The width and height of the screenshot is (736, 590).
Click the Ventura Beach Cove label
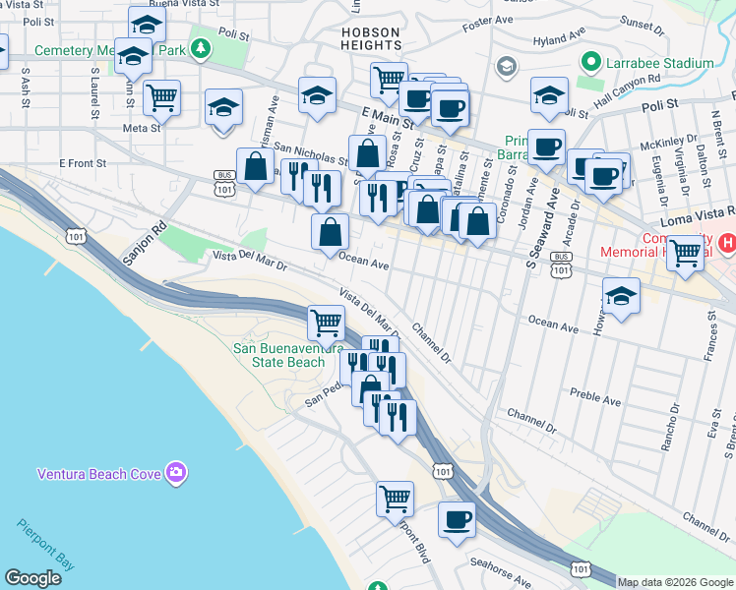pos(98,474)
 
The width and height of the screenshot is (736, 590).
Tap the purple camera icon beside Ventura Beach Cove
pos(176,473)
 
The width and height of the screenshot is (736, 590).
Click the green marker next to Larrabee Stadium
pos(591,62)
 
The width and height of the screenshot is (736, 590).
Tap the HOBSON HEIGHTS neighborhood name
pos(371,38)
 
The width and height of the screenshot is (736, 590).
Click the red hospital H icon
pos(727,241)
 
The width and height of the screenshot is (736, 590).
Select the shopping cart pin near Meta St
pos(161,96)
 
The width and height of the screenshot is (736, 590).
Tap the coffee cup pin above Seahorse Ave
pos(455,518)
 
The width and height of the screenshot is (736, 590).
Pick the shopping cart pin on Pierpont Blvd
pos(395,498)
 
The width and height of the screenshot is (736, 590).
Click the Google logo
pos(32,578)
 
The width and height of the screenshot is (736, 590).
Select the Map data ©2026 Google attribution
pos(676,582)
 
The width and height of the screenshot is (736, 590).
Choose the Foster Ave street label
pos(489,20)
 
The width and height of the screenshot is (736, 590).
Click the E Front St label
pos(83,162)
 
